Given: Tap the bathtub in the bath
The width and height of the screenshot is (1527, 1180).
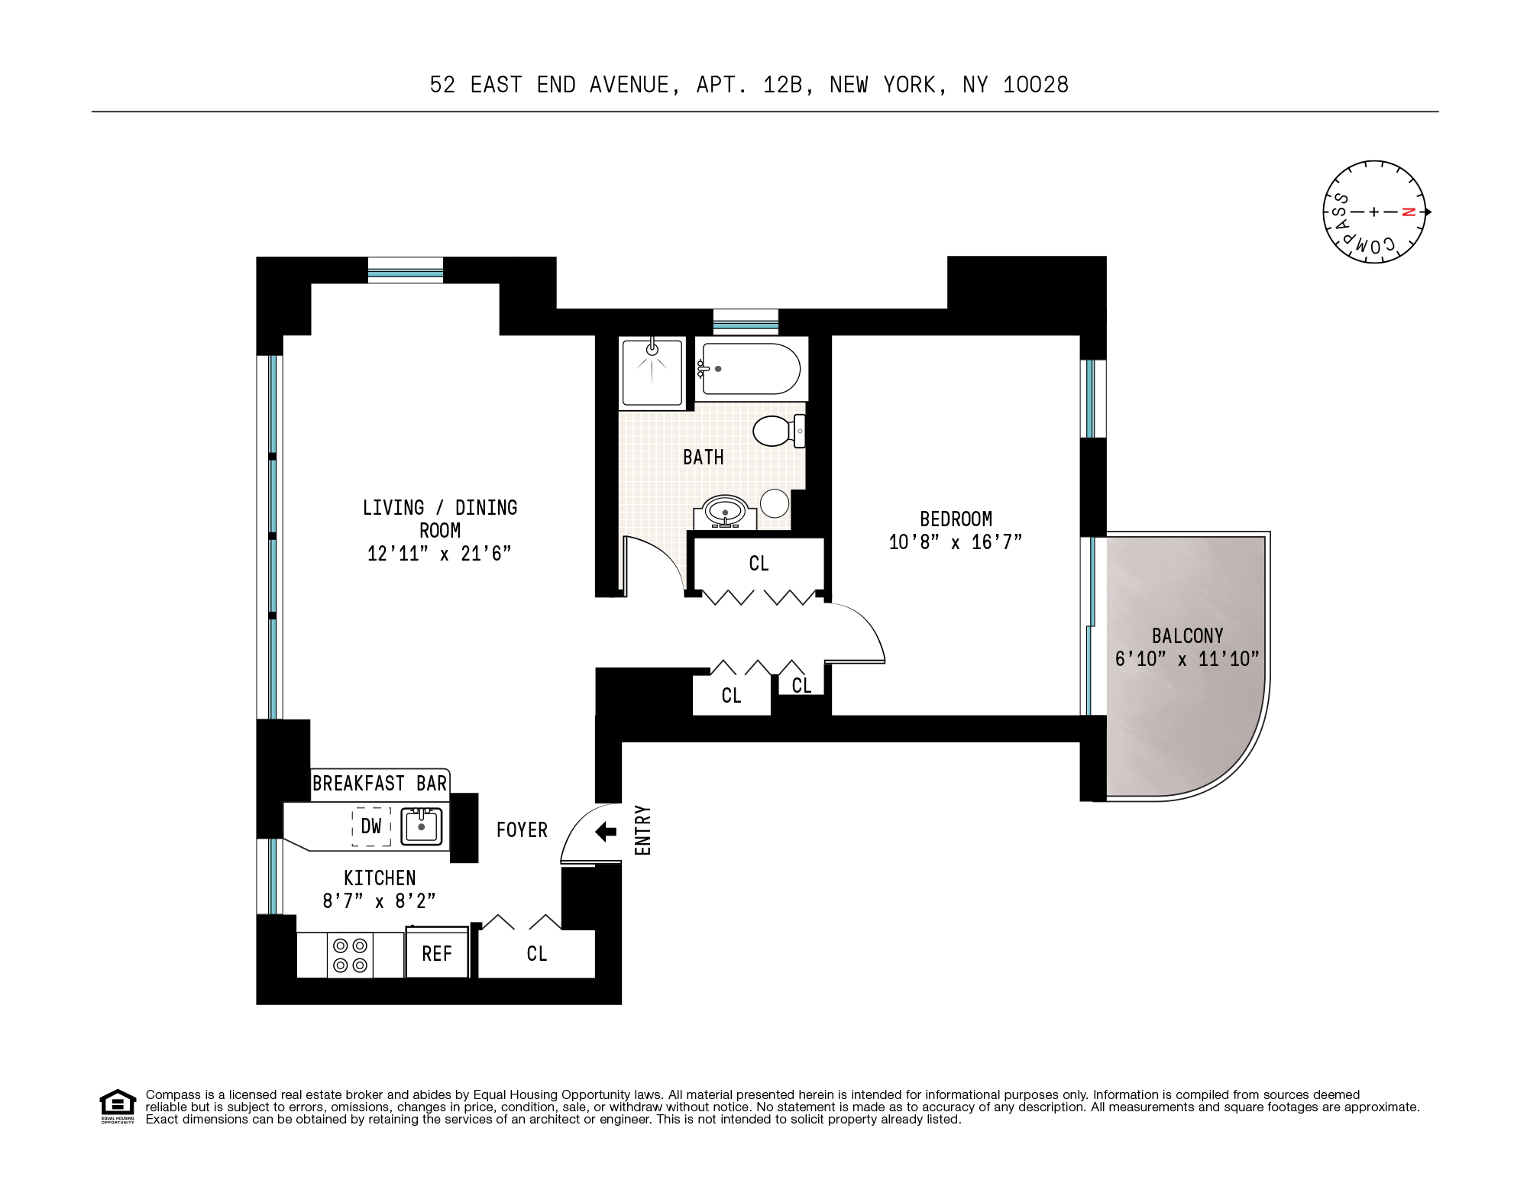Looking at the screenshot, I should point(750,369).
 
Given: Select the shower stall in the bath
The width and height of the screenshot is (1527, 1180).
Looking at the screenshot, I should point(652,373).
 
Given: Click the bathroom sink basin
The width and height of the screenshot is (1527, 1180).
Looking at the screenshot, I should point(725,510).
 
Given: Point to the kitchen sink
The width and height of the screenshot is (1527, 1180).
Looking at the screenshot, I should point(422,826).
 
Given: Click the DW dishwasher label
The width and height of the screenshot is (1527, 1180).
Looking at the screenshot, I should point(371,826).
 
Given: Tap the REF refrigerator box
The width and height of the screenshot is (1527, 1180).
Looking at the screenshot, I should point(437,953).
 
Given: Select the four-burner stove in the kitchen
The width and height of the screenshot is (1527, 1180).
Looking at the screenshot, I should point(350,955).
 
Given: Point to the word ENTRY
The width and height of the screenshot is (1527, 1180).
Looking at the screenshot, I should point(643,830).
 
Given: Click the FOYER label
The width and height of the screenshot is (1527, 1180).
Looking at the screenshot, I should point(522,830).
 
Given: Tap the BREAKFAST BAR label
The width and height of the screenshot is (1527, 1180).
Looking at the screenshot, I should point(380,784).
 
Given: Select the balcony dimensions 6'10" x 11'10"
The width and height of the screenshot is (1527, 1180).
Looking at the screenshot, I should point(1187,659).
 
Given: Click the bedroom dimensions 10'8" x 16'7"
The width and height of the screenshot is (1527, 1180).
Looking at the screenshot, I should point(955,542).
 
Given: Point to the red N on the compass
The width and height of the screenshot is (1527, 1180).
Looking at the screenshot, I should point(1409,212).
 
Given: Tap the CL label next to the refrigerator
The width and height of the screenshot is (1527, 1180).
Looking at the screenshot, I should point(536,953).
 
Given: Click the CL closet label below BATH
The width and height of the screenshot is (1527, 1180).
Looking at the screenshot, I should point(759,564).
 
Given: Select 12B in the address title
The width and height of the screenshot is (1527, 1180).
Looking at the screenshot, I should point(782,85).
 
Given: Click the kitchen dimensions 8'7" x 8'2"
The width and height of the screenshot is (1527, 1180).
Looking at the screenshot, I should point(379,901).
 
